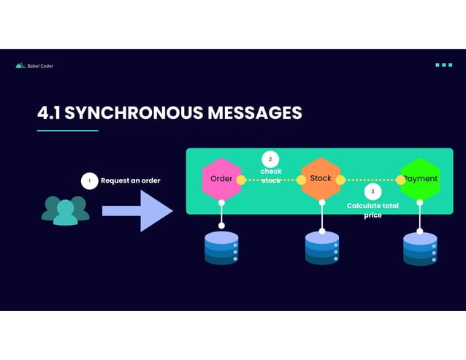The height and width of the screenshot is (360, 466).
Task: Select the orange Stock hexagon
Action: pos(321,179)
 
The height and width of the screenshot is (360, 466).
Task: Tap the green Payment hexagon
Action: pos(420,179)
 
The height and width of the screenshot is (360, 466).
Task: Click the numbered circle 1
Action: pos(89,180)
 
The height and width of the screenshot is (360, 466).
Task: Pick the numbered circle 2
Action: pos(270,159)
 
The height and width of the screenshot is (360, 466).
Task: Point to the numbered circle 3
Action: pos(373,191)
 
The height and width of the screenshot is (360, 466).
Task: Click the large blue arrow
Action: pos(137,211)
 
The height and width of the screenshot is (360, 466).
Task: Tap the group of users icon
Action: pos(65,210)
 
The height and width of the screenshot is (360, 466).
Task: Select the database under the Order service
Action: pos(221,248)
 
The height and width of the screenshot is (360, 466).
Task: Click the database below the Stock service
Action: pos(321,248)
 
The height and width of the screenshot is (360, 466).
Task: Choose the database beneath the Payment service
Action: pos(420,248)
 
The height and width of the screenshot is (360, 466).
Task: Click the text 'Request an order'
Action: pos(130,180)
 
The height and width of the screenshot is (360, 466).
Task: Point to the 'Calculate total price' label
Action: pos(373,210)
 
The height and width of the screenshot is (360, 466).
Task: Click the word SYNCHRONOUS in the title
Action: pos(133,113)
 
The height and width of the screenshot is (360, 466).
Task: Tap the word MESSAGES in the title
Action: pos(254,113)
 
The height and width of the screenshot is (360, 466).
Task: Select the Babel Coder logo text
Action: pos(39,66)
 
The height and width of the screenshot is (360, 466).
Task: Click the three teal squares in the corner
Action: pos(443,65)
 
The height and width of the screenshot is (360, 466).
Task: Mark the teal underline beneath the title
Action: pos(67,131)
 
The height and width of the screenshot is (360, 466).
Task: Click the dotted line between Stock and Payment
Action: pos(370,180)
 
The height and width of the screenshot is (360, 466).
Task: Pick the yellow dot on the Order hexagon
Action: pos(241,180)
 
